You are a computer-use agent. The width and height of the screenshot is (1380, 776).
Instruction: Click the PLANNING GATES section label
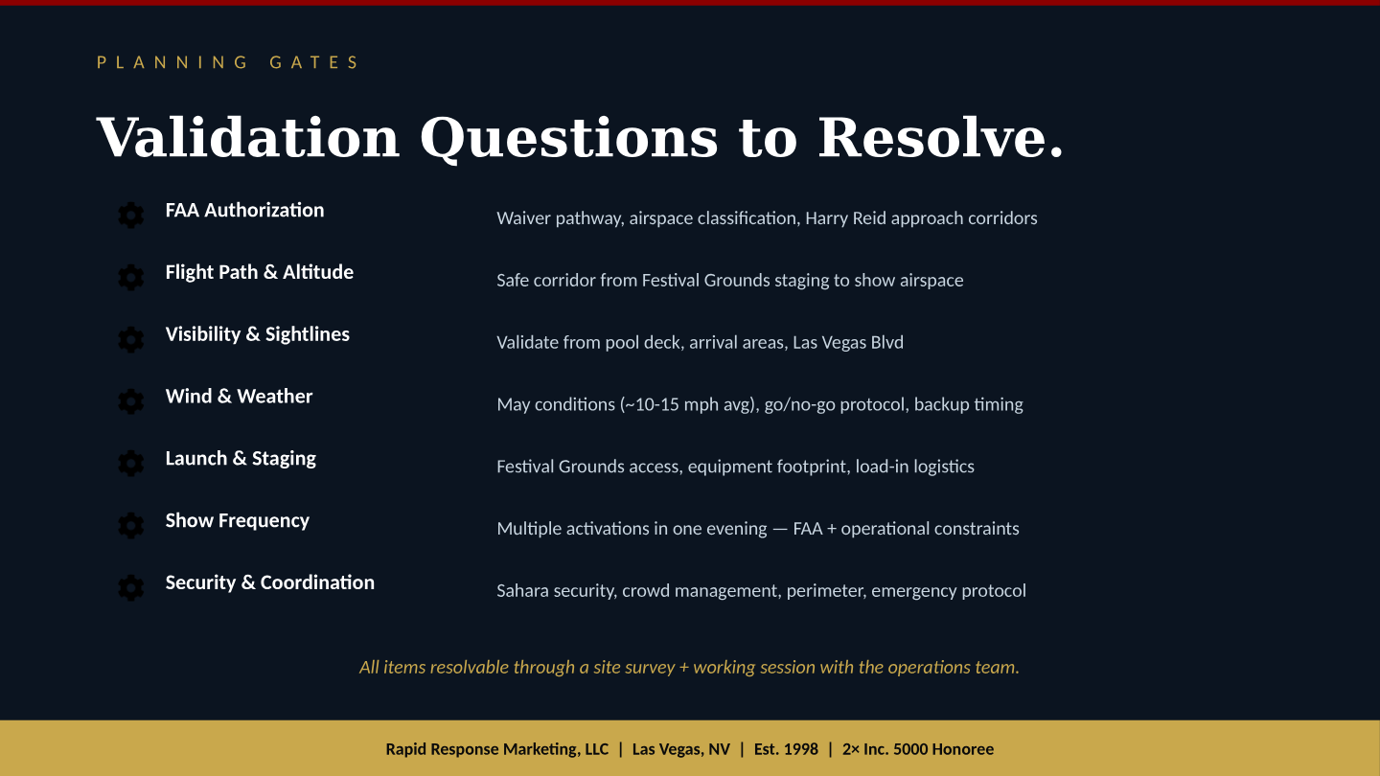[228, 63]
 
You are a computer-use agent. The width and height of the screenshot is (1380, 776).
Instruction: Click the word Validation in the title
[247, 137]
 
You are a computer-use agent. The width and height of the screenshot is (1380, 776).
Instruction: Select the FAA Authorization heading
[244, 211]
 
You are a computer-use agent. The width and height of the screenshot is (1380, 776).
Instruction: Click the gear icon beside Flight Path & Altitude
[130, 278]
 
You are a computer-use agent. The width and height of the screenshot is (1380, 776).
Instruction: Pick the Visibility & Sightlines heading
[257, 334]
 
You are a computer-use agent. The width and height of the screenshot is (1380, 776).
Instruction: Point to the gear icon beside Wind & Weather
[130, 401]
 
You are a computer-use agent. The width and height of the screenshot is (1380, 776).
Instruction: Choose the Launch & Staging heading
[241, 459]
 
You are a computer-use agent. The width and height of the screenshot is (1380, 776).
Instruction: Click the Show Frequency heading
[237, 521]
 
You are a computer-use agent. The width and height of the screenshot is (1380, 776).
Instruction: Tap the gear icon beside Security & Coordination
[130, 587]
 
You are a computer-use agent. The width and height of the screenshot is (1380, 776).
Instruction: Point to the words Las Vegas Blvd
[847, 342]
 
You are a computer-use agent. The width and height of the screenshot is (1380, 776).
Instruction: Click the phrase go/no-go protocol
[835, 404]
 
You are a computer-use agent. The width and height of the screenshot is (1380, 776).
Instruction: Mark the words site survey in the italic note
[633, 668]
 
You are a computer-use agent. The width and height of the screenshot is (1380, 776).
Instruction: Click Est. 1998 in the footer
[786, 749]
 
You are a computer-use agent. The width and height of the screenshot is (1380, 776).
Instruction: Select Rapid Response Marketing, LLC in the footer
[496, 749]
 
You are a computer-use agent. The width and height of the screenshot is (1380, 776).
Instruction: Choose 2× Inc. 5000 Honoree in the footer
[917, 749]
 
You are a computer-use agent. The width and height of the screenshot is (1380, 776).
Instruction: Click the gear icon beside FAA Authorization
[130, 216]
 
